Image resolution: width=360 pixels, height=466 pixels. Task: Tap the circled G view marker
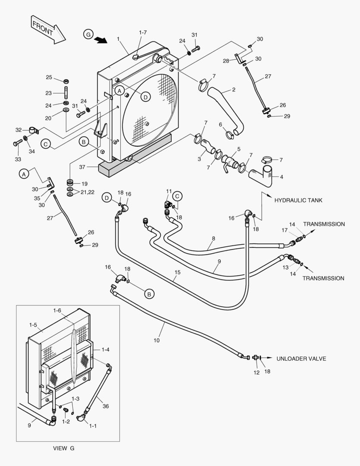click(88, 35)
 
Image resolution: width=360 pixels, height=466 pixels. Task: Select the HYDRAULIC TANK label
click(298, 200)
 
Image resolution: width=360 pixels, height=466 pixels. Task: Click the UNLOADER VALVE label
click(301, 359)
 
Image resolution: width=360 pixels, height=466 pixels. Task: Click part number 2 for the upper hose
click(233, 90)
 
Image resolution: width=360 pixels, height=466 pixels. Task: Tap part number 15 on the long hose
click(177, 272)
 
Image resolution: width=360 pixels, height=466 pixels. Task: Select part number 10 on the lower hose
click(157, 340)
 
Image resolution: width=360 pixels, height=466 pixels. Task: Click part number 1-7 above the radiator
click(143, 32)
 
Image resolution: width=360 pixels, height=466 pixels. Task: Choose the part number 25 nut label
click(49, 77)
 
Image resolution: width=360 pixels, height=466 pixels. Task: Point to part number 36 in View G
click(106, 406)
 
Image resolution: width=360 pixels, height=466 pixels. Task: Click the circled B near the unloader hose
click(149, 294)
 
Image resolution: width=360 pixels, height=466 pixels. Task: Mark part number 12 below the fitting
click(257, 373)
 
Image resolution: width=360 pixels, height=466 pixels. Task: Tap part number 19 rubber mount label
click(84, 183)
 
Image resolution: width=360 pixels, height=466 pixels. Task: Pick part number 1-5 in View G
click(33, 324)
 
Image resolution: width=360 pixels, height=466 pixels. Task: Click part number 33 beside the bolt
click(18, 159)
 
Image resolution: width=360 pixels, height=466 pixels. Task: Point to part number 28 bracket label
click(226, 61)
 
